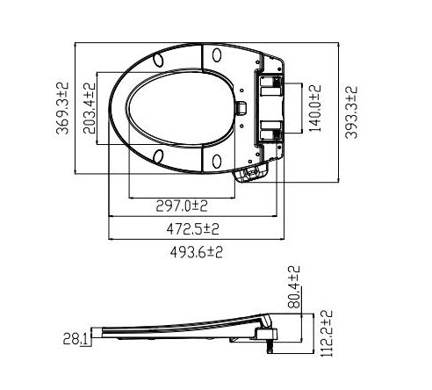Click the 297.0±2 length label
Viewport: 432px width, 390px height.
tap(182, 206)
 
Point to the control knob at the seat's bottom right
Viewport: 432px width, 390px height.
tap(251, 174)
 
